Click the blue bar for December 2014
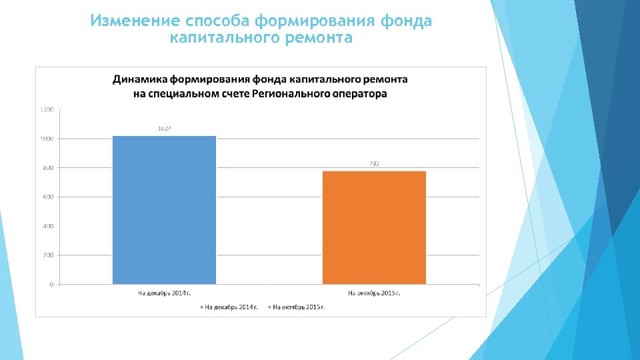coord(164,210)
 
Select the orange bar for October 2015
coord(374,227)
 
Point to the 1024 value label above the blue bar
coord(164,128)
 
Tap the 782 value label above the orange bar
coord(374,164)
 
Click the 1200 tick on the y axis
coord(47,109)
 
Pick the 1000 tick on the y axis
coord(47,139)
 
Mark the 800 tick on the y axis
coord(48,168)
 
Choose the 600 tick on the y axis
coord(48,197)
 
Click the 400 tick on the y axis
coord(48,226)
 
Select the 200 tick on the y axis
coord(48,255)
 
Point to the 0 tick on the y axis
coord(51,285)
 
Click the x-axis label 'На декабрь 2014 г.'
coord(164,293)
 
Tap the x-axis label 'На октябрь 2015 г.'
coord(374,293)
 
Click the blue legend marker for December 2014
coord(201,307)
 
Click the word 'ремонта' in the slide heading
coord(318,38)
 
